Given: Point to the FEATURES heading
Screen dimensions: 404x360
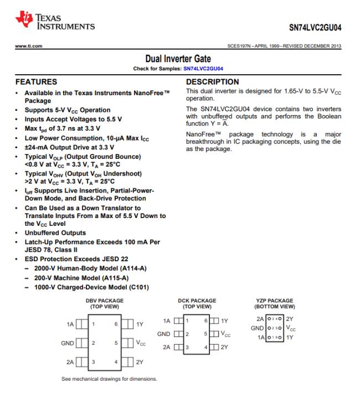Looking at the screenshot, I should point(37,81).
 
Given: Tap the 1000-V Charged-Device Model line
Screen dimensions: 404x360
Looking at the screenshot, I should point(86,287).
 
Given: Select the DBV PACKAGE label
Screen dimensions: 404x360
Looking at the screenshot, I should point(105,301).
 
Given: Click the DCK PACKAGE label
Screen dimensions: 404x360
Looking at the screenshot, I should point(197,301).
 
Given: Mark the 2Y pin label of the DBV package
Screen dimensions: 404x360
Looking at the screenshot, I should point(140,362).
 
